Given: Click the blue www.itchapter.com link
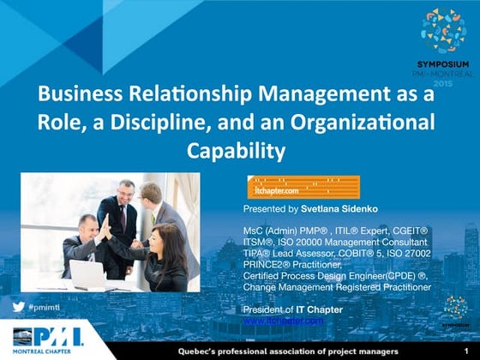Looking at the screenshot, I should [x=284, y=320].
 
